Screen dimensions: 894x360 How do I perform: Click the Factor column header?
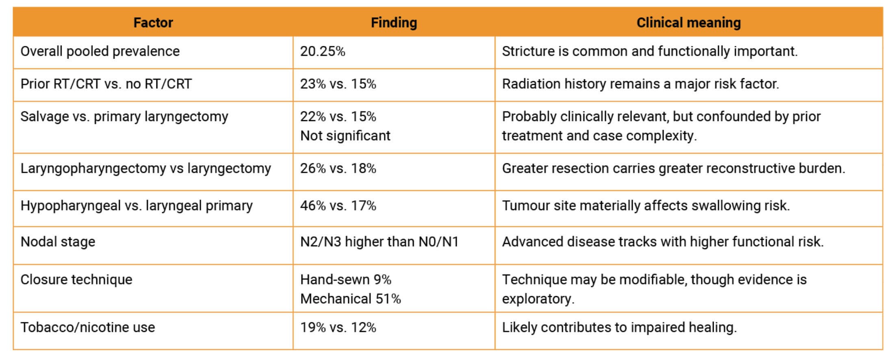coord(153,22)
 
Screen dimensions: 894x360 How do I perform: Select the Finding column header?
coord(394,22)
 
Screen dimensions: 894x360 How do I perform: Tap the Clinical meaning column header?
coord(688,22)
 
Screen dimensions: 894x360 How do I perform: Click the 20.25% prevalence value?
coord(323,51)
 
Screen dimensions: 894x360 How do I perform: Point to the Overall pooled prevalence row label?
coord(100,51)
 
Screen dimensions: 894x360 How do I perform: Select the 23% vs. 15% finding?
coord(338,84)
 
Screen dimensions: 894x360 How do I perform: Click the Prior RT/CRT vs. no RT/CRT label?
coord(106,84)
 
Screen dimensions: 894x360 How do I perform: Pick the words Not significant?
coord(345,135)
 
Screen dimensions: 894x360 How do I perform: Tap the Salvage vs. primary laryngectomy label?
coord(124,117)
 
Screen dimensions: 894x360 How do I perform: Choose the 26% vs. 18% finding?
coord(338,168)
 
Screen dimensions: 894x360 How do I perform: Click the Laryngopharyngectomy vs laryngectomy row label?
coord(145,168)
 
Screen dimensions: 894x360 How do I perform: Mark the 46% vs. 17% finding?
coord(338,206)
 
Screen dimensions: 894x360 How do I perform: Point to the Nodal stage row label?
coord(58,242)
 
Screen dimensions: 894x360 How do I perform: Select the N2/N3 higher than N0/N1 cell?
coord(379,242)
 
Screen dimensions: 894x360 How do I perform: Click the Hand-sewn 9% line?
coord(345,280)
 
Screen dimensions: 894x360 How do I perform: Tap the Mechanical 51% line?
coord(350,299)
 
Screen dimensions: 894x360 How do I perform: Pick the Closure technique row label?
coord(76,280)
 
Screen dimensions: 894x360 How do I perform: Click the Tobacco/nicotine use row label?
coord(88,327)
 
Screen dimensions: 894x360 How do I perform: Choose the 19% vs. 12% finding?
coord(338,327)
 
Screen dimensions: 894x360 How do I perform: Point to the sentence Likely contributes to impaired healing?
coord(619,327)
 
